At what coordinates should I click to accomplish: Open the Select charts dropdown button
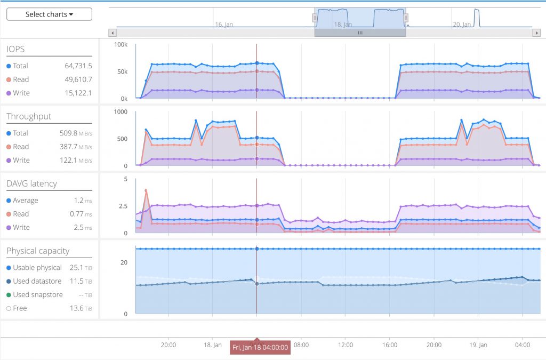(49, 14)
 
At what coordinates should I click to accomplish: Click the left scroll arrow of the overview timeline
(113, 33)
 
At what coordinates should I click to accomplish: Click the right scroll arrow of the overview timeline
(536, 33)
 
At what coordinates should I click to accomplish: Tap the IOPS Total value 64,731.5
(78, 66)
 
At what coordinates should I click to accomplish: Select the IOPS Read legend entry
(18, 79)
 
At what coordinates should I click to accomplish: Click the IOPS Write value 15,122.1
(78, 93)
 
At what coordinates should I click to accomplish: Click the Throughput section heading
(29, 116)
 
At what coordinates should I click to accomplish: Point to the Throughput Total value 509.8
(68, 133)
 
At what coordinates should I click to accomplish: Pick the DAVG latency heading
(31, 183)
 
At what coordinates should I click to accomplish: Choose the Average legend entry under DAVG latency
(22, 201)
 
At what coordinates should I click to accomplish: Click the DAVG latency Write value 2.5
(78, 227)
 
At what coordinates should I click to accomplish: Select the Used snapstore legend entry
(35, 294)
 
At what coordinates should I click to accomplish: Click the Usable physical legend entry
(34, 267)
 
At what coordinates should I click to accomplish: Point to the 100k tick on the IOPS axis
(121, 45)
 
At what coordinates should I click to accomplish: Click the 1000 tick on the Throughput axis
(121, 112)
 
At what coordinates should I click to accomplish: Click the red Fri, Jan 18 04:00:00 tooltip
(260, 347)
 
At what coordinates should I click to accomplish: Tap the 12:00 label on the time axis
(346, 345)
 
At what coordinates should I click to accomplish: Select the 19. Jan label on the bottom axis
(478, 345)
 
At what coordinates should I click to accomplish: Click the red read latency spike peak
(146, 190)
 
